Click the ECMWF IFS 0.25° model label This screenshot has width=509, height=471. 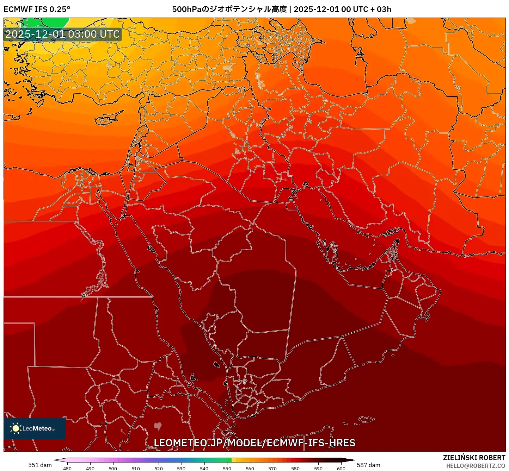[x=37, y=9]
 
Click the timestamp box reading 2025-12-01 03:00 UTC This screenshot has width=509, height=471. [x=62, y=34]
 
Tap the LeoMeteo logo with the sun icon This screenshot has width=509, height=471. [x=34, y=428]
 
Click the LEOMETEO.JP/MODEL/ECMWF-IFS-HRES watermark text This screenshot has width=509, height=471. [x=255, y=443]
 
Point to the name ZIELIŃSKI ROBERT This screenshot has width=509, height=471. [x=474, y=458]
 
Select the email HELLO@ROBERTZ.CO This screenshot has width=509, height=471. [x=476, y=466]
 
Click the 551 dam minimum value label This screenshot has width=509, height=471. [x=40, y=465]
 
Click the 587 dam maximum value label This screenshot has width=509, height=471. [x=368, y=465]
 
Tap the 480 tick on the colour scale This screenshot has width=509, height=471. [x=67, y=469]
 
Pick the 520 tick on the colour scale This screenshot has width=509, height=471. [x=159, y=469]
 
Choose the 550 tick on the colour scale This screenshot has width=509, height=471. [x=227, y=469]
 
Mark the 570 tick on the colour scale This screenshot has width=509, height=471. [x=272, y=469]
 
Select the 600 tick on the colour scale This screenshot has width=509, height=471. [x=341, y=469]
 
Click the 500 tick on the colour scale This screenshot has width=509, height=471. [x=113, y=469]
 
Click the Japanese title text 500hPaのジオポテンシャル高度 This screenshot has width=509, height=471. [x=229, y=9]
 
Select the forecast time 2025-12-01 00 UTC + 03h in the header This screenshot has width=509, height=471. [x=342, y=9]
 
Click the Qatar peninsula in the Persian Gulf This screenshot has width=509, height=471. [x=332, y=251]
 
